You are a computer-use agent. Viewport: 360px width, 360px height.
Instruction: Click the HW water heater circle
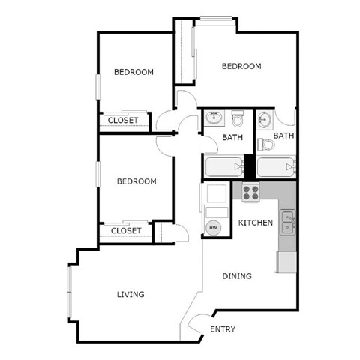pos(212,227)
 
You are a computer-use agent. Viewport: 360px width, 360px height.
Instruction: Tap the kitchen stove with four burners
pos(250,192)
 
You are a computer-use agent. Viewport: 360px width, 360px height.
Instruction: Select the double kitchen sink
pos(288,221)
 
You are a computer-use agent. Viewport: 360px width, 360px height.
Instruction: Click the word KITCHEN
pos(255,223)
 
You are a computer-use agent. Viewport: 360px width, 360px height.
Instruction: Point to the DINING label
pos(237,276)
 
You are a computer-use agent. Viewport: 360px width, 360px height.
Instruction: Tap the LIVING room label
pos(130,294)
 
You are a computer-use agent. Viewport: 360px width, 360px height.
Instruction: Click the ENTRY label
pos(223,329)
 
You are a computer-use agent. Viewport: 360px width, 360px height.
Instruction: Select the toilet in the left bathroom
pos(238,119)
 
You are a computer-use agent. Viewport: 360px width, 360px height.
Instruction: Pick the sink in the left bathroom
pos(213,118)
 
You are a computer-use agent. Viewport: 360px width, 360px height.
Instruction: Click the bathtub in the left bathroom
pos(223,166)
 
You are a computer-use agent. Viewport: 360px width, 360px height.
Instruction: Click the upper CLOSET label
pos(123,120)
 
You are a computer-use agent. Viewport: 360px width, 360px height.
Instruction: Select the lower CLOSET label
pos(126,231)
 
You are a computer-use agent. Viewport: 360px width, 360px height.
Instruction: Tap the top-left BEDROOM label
pos(133,72)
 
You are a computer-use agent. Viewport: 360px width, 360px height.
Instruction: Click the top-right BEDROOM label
pos(241,66)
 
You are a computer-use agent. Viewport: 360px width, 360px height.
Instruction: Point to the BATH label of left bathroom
pos(232,138)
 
